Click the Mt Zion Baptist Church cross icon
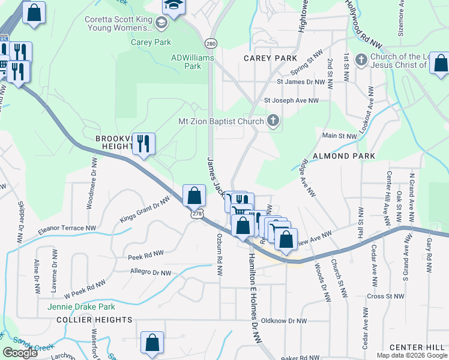point(273,121)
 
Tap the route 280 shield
point(210,44)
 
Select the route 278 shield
point(196,214)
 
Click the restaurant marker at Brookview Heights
point(143,143)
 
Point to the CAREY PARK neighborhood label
point(270,58)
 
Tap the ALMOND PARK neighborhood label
point(349,156)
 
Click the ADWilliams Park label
point(186,62)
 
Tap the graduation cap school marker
point(175,6)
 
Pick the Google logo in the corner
point(20,353)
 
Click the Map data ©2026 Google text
point(411,355)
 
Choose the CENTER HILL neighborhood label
point(417,347)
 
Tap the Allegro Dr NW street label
point(151,272)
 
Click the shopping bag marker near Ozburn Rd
point(194,195)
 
